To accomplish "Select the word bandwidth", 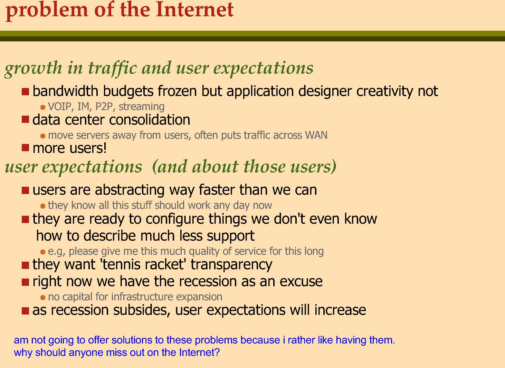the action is [x=65, y=91].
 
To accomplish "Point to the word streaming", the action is [x=142, y=107].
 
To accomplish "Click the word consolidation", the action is [x=150, y=119].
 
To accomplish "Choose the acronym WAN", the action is [x=316, y=135].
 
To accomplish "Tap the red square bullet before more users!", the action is [x=26, y=148].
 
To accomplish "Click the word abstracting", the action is [x=130, y=190].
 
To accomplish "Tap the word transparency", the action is [x=231, y=265].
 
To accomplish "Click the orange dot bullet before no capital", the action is [x=43, y=298].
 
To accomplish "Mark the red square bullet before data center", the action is [x=26, y=119].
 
